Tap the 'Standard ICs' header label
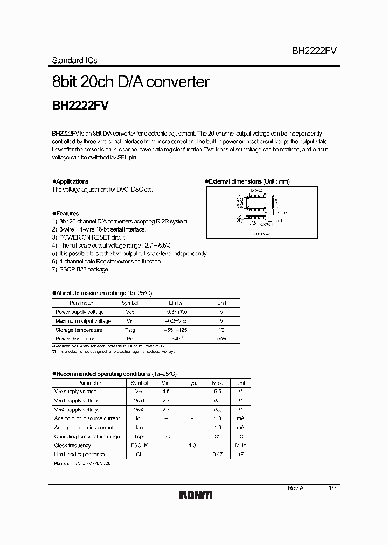[x=74, y=60]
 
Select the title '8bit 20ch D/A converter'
[x=130, y=82]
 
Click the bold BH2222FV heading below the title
[x=80, y=106]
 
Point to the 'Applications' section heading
[x=72, y=181]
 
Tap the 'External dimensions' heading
[x=235, y=181]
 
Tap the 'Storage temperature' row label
[x=79, y=330]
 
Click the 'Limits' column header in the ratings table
[x=176, y=303]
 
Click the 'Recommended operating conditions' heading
[x=103, y=373]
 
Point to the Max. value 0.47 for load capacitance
[x=218, y=454]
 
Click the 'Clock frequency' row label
[x=73, y=445]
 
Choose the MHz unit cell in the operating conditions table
[x=240, y=445]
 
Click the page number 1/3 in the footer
[x=332, y=487]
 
